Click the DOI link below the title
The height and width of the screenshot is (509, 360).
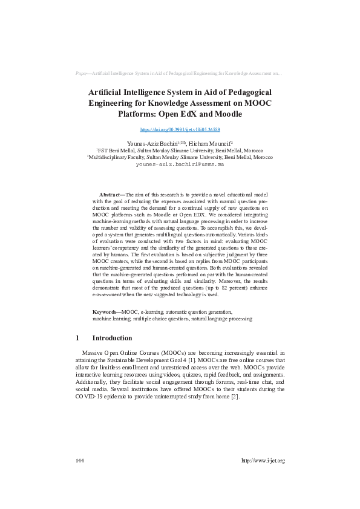tap(180, 129)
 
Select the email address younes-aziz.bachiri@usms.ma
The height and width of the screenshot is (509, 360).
tap(180, 164)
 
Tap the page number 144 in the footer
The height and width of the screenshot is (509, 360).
tap(80, 461)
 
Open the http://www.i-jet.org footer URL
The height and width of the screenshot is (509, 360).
tap(263, 461)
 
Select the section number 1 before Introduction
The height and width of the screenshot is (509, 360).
tap(77, 338)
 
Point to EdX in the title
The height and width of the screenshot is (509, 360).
tap(180, 113)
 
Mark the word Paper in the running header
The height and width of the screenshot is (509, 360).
tap(82, 73)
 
